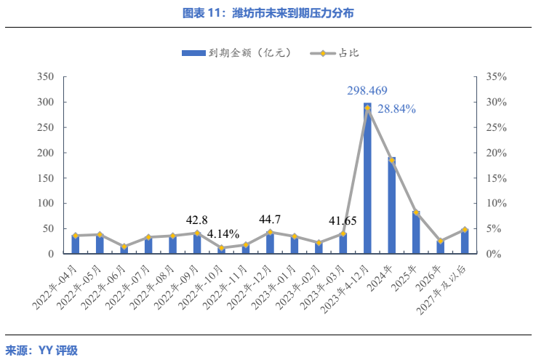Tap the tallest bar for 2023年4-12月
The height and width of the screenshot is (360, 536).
(367, 178)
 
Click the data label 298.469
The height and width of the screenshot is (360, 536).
(367, 91)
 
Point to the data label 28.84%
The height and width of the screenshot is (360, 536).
(397, 109)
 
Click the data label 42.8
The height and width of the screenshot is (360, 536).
(197, 220)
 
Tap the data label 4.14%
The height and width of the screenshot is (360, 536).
(223, 234)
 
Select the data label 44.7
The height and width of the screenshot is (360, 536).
(270, 219)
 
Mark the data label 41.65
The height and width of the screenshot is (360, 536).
(342, 220)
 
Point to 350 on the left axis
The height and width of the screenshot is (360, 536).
(46, 76)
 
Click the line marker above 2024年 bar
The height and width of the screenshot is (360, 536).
(391, 160)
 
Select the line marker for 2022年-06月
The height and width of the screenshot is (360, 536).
(124, 247)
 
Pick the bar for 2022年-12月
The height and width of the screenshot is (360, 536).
(270, 243)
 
